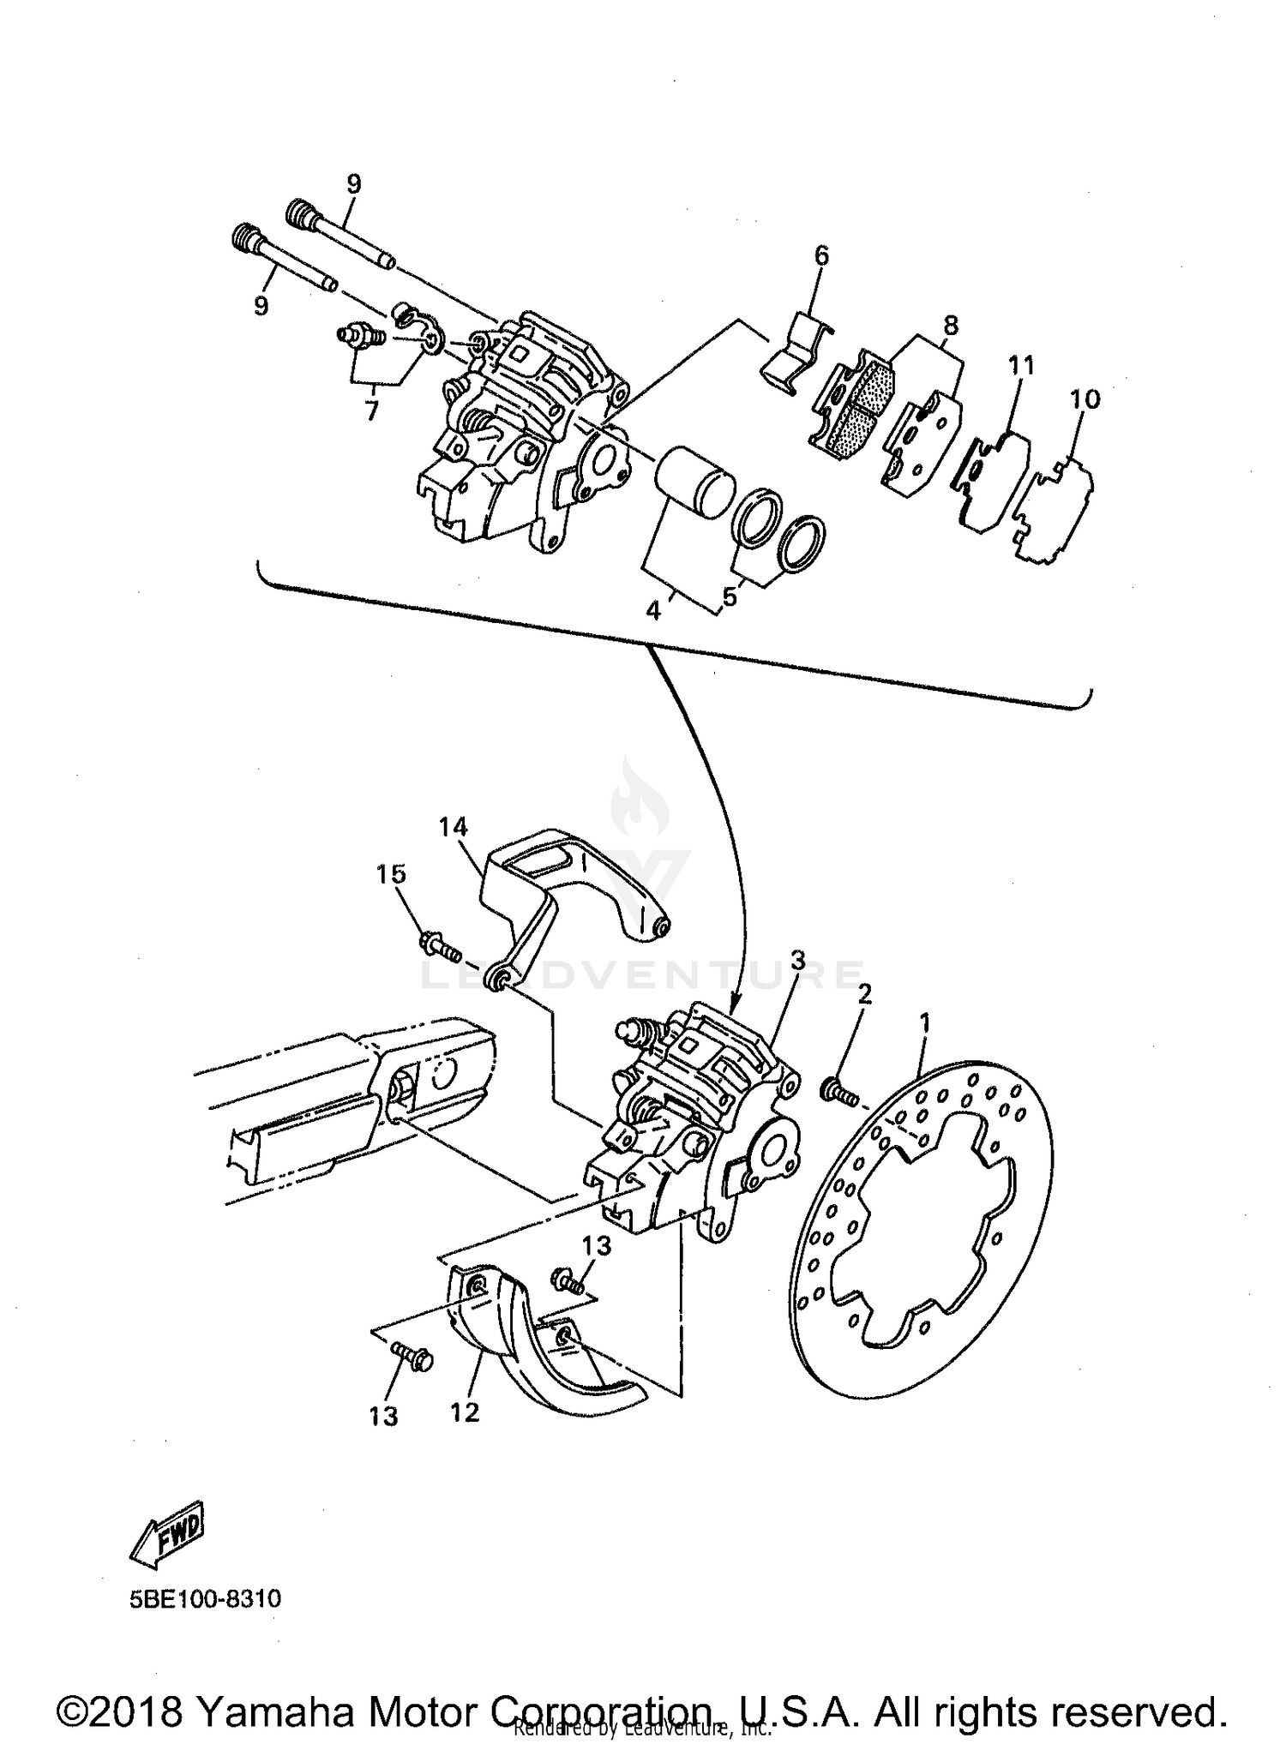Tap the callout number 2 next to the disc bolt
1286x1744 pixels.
[864, 994]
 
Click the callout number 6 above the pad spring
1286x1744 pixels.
[821, 255]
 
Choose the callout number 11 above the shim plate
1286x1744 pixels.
[1022, 365]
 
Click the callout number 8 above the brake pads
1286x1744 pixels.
[950, 326]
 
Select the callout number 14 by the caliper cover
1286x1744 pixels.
[454, 827]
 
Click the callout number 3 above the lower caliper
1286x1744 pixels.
[798, 960]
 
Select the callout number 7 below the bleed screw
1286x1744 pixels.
[371, 411]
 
